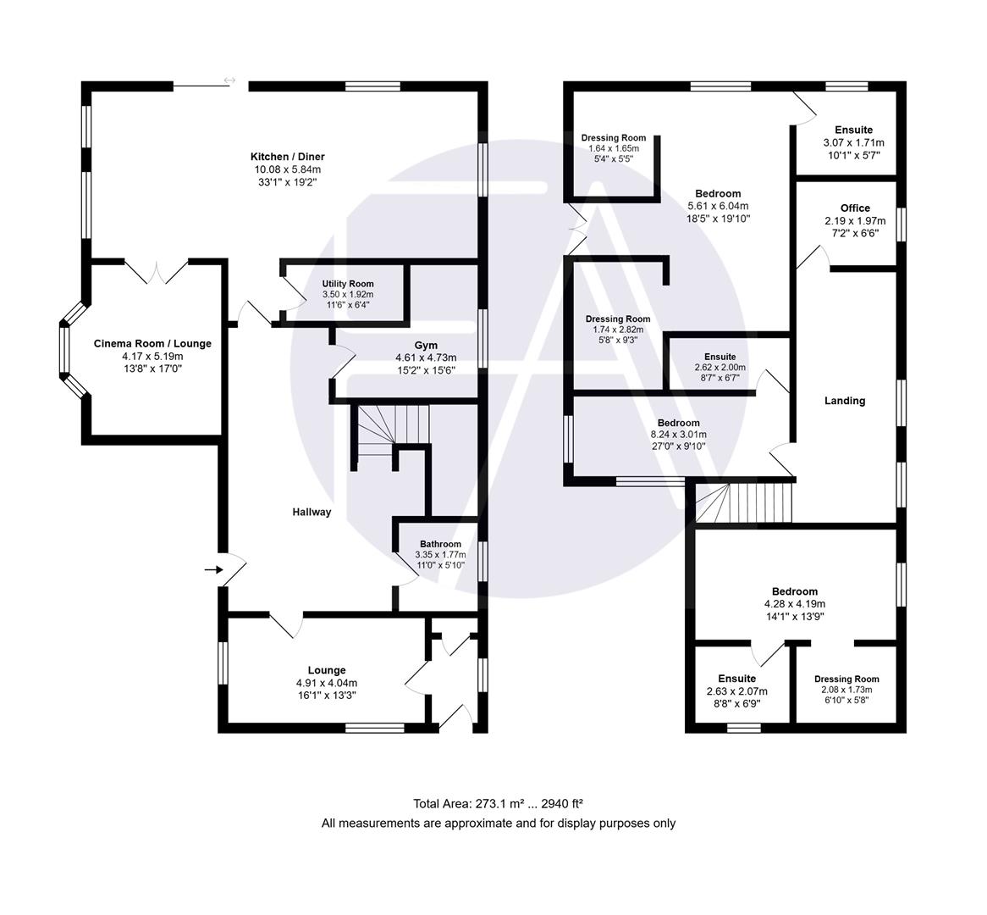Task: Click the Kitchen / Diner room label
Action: click(x=287, y=157)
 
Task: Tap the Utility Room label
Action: click(x=347, y=284)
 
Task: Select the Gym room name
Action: click(x=425, y=345)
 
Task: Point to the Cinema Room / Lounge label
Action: click(x=152, y=343)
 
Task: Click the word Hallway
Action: click(x=312, y=512)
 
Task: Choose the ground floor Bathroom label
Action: click(x=440, y=544)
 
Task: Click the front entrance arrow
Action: click(x=212, y=569)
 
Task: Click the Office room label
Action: click(x=855, y=208)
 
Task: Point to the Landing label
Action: click(x=845, y=401)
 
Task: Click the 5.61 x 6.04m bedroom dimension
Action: click(x=718, y=206)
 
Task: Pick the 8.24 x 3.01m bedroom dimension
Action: click(x=678, y=435)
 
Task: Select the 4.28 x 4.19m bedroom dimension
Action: click(x=795, y=604)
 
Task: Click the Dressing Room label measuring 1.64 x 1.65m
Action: click(x=614, y=138)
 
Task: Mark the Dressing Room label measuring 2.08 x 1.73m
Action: click(x=846, y=679)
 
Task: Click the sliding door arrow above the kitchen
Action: click(x=229, y=80)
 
